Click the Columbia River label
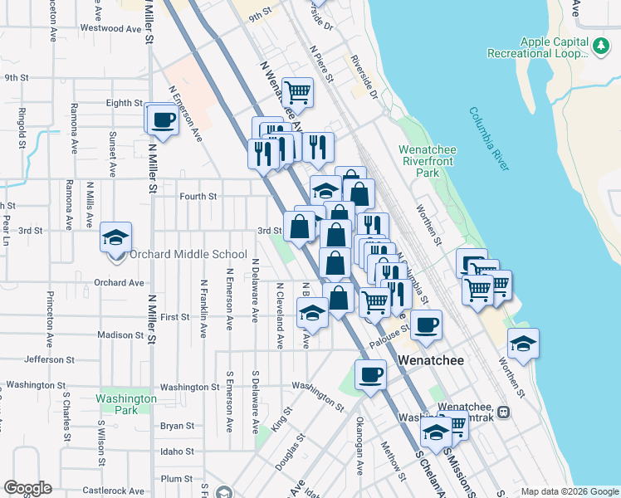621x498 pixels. point(488,139)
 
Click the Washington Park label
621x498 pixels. point(126,404)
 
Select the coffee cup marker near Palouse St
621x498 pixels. point(426,325)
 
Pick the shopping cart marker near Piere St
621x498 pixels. point(297,91)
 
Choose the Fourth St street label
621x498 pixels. point(198,197)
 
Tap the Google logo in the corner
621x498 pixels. point(28,488)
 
